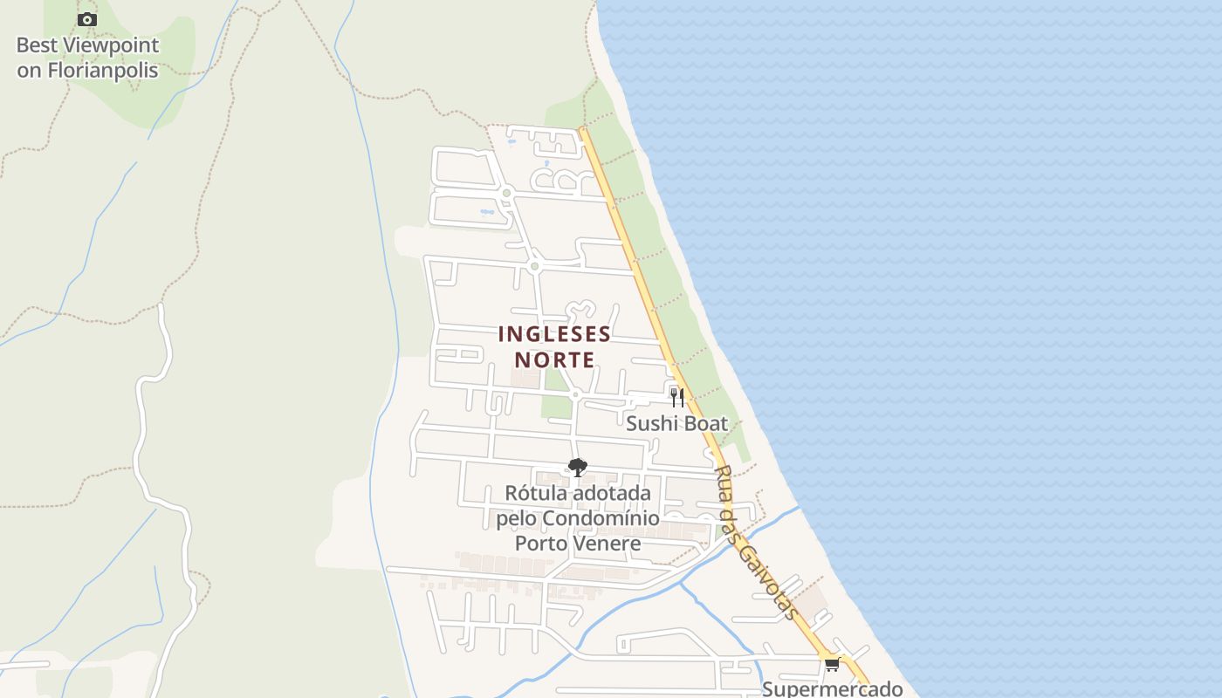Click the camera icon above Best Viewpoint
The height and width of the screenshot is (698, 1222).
click(87, 19)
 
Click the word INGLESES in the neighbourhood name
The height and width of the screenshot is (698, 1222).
click(554, 334)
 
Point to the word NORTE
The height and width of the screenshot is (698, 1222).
click(554, 359)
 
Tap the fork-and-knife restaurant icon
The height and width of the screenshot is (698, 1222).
click(677, 397)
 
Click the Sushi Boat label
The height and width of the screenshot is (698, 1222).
click(676, 424)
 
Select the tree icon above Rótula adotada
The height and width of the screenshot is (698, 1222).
click(577, 468)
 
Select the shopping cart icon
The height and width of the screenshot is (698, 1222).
click(832, 665)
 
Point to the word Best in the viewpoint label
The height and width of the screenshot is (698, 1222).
click(37, 45)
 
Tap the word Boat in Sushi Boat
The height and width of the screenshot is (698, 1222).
click(706, 424)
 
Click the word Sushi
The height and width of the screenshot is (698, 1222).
click(651, 424)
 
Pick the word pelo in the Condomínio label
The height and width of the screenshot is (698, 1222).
click(517, 518)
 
